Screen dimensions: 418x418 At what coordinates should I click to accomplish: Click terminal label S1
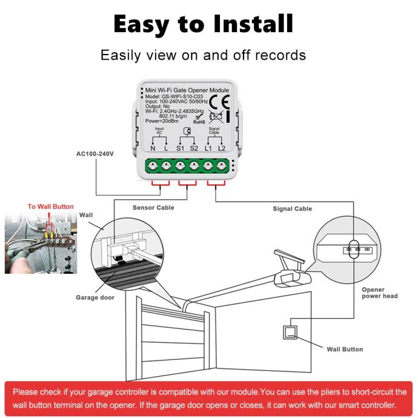[181, 148]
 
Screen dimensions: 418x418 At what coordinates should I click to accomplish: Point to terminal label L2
[222, 148]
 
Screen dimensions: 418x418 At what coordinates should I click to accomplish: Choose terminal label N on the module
[153, 148]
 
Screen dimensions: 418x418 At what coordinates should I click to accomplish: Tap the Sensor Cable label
[153, 208]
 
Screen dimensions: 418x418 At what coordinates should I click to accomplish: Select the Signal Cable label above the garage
[292, 209]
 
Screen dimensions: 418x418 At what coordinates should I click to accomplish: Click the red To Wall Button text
[51, 207]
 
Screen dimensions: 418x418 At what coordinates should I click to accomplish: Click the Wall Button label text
[345, 350]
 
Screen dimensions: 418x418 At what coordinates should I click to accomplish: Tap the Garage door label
[95, 297]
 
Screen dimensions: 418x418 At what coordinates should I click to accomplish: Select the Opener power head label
[380, 293]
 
